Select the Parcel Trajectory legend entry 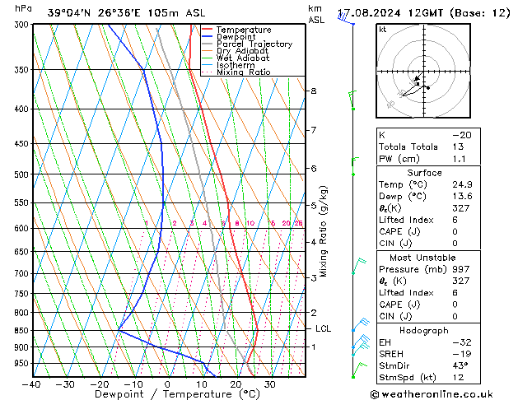tap(254, 44)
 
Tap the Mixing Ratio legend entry tap(244, 72)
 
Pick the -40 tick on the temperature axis tap(32, 384)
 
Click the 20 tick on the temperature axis tap(235, 384)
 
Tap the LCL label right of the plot tap(324, 328)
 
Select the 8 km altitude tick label tap(313, 91)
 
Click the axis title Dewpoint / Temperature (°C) tap(168, 394)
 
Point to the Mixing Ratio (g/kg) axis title tap(324, 230)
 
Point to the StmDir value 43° tap(460, 365)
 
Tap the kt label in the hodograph tap(383, 30)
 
